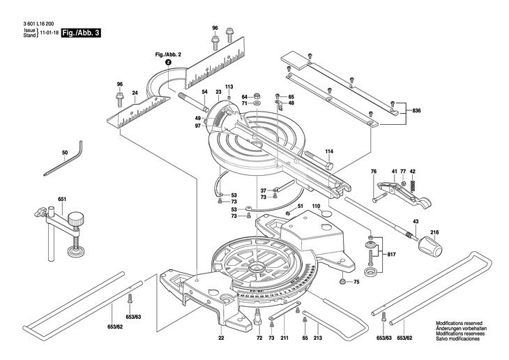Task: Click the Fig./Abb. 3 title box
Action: [81, 33]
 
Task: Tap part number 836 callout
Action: [417, 111]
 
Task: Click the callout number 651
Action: [61, 200]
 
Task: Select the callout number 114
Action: [329, 151]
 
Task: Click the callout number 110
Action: [316, 206]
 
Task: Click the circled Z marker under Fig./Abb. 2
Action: [168, 63]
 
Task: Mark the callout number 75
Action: [356, 282]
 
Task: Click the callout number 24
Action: [135, 92]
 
